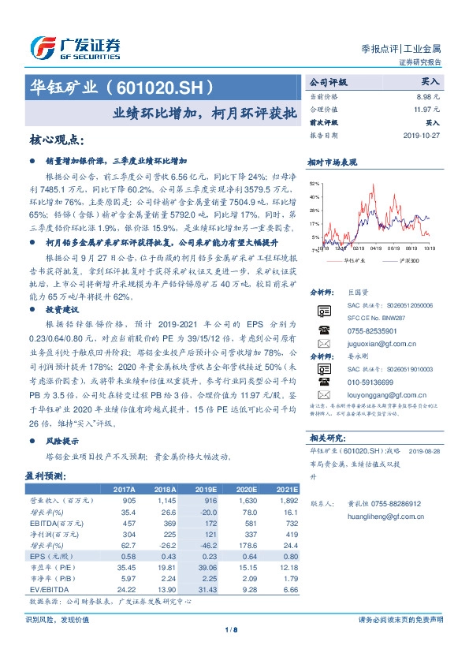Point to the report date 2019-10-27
point(424,135)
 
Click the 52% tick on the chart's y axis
point(315,183)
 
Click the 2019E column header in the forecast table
point(204,490)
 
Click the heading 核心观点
point(55,140)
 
